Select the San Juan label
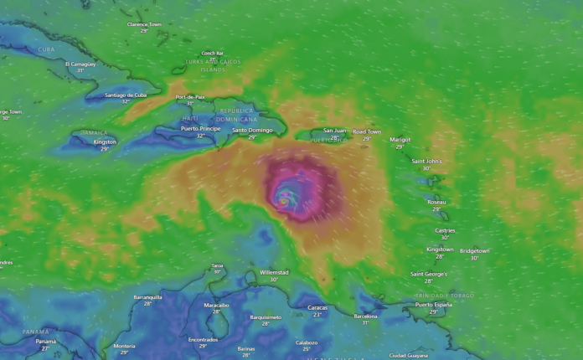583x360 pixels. coord(334,131)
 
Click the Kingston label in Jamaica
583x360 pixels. coord(105,141)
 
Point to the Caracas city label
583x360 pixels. coord(317,307)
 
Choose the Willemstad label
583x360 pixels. coord(274,272)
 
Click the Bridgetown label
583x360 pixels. coord(474,250)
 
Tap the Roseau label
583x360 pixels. coord(436,202)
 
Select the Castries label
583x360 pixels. coord(445,229)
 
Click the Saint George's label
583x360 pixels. coord(428,274)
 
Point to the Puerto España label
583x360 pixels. coord(433,305)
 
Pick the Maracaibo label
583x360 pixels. coord(216,305)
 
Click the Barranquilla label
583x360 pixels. coord(147,296)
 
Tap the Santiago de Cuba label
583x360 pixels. coord(126,95)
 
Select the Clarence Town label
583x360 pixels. coord(144,24)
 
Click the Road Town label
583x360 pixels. coord(366,131)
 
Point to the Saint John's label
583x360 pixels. coord(426,161)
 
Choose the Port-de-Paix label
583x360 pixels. coord(190,97)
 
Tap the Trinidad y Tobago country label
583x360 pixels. coord(444,296)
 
